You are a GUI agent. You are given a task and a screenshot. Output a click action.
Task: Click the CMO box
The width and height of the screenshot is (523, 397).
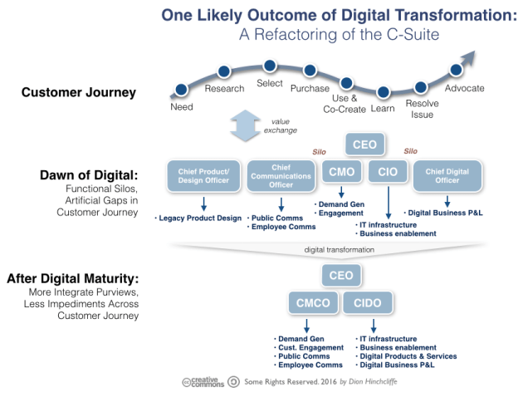click(x=339, y=173)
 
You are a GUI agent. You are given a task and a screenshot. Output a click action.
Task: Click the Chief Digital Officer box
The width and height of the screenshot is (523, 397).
click(x=449, y=176)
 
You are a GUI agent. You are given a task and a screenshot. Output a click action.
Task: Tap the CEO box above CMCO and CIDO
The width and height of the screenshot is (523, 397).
click(x=339, y=275)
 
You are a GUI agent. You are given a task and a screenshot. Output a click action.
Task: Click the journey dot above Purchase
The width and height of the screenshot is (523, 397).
click(x=310, y=71)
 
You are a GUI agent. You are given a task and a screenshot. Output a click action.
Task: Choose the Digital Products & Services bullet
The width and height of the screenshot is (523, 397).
click(x=407, y=356)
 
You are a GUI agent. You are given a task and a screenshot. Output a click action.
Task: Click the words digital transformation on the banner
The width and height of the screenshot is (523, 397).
click(x=340, y=248)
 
